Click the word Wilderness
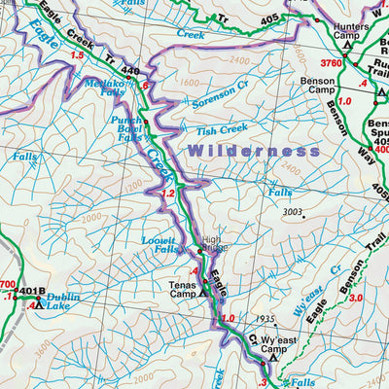[x=254, y=151]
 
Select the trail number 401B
[x=30, y=289]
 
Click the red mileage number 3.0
[x=356, y=298]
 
